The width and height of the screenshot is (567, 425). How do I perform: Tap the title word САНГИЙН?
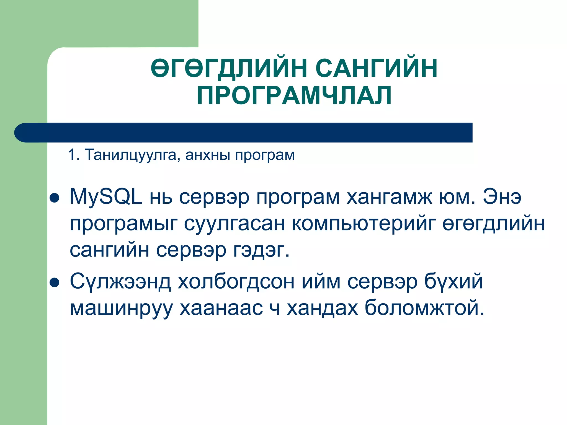[x=377, y=68]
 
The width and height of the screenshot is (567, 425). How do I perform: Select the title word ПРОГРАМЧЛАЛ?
[x=294, y=95]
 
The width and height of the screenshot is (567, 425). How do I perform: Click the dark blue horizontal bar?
[x=244, y=133]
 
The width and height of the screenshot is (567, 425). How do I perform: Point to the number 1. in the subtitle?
[x=74, y=155]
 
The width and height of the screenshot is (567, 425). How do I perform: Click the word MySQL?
[x=106, y=197]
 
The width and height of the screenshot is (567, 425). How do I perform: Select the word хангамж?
[x=389, y=197]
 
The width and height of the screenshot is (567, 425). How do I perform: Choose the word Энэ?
[x=502, y=197]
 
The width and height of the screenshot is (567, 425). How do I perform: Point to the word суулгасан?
[x=234, y=224]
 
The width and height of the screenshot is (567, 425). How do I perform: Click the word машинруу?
[x=121, y=308]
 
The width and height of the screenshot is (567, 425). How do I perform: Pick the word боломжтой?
[x=424, y=308]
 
